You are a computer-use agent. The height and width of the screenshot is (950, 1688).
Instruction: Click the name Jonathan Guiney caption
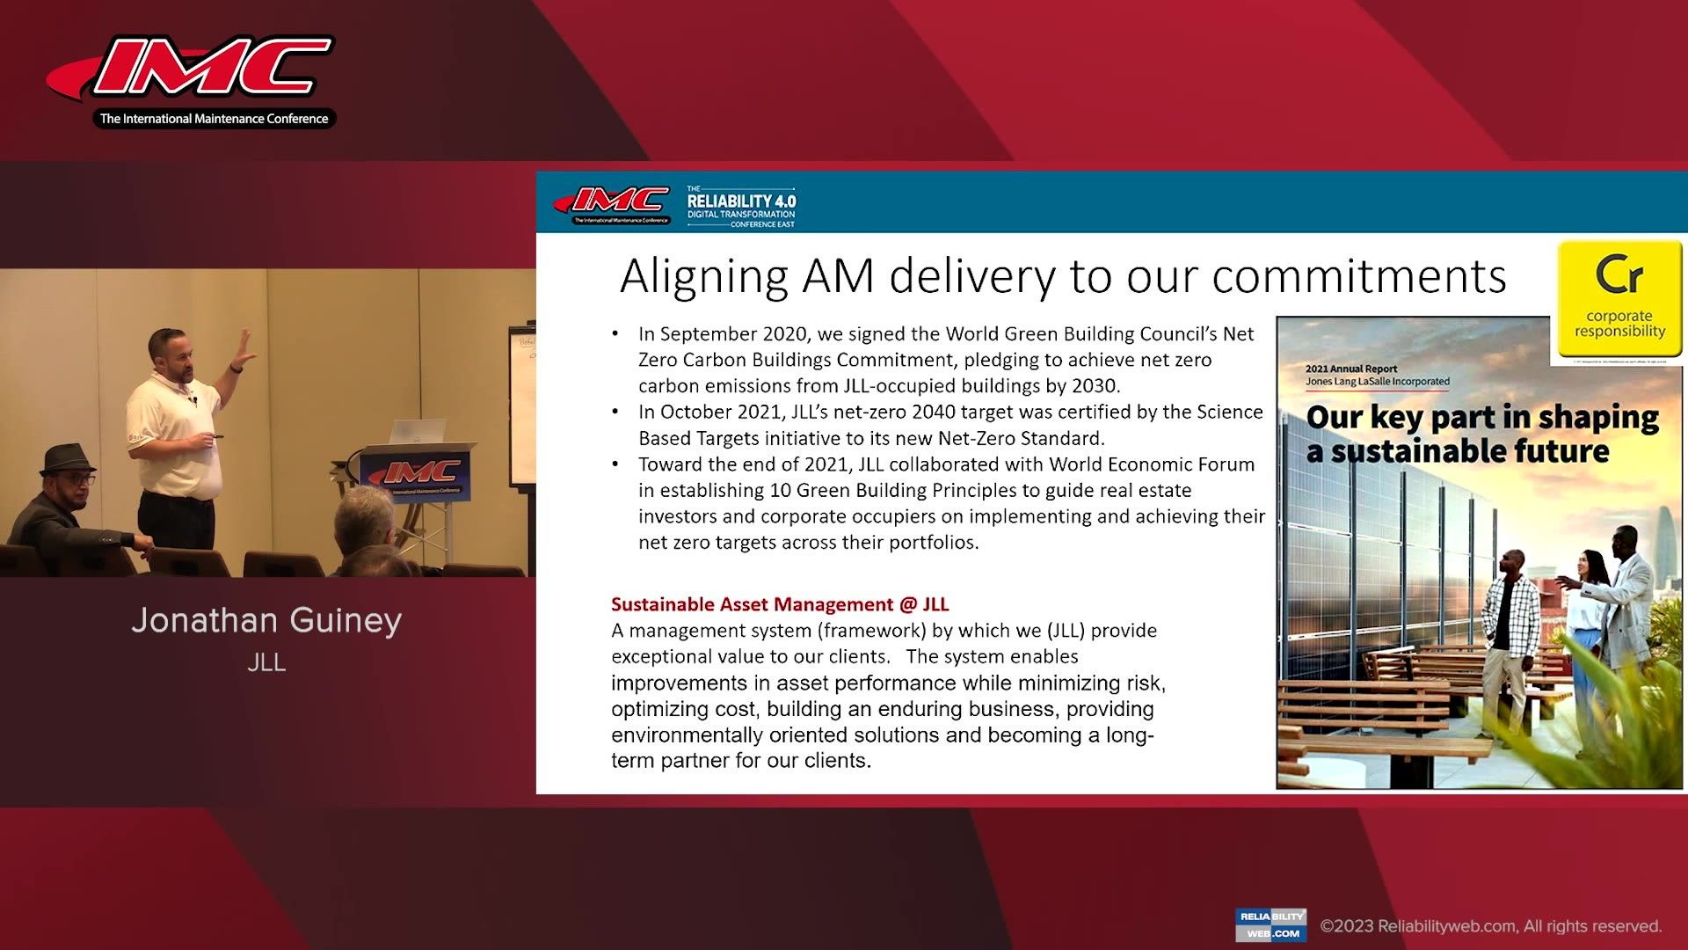click(x=266, y=620)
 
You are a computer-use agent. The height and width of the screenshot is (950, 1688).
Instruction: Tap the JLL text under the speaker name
click(x=266, y=662)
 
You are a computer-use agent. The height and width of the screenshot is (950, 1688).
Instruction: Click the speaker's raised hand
click(x=240, y=352)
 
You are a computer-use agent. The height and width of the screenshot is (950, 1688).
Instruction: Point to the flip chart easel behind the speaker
click(x=522, y=405)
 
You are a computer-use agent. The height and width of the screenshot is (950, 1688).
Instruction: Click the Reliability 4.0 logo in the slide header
click(x=741, y=208)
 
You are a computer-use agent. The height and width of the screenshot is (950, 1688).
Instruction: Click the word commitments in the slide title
click(x=1359, y=276)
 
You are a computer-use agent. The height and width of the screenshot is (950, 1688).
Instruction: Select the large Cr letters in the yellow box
click(x=1619, y=275)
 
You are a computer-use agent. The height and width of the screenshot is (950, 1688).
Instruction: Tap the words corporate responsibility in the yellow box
click(x=1619, y=324)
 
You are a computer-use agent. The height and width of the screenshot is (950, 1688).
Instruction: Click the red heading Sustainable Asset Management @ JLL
click(x=780, y=604)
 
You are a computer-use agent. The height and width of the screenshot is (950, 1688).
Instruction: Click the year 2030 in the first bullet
click(x=1094, y=385)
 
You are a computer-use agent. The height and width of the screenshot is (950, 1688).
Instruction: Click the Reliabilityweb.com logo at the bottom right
click(x=1270, y=924)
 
